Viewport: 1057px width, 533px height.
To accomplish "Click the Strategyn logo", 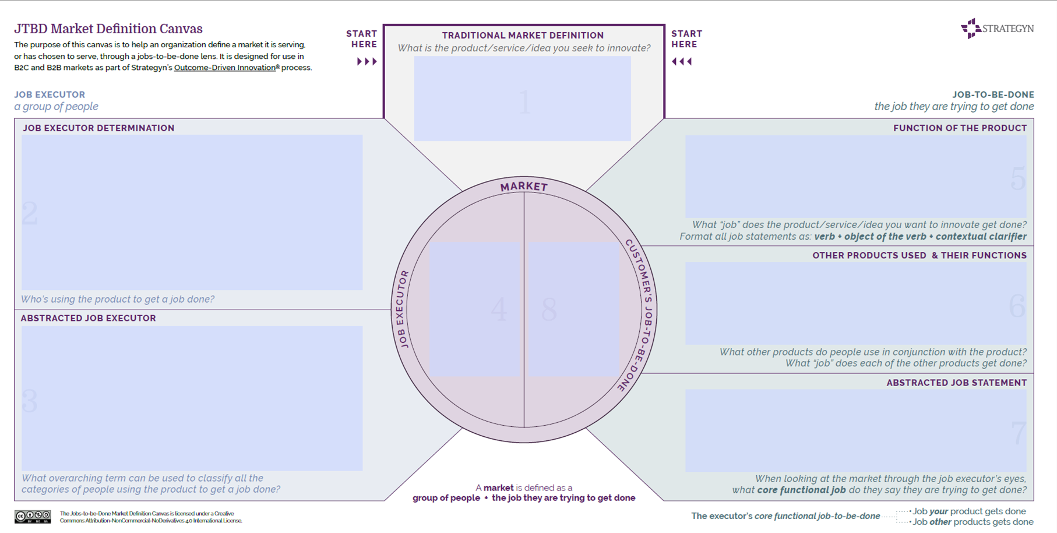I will [x=997, y=29].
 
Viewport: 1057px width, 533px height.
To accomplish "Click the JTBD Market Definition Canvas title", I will [x=108, y=29].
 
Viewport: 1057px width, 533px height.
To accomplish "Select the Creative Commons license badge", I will [x=33, y=516].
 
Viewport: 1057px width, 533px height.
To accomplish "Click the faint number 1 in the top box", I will [x=524, y=103].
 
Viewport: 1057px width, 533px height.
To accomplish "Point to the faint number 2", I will [x=30, y=213].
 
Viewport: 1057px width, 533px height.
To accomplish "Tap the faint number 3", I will [x=30, y=401].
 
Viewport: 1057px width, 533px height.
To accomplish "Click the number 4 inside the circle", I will [x=499, y=310].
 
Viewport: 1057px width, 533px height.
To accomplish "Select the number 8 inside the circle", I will [x=549, y=310].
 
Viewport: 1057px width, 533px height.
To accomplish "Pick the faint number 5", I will [x=1017, y=179].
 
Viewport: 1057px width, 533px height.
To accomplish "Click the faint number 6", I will [x=1017, y=306].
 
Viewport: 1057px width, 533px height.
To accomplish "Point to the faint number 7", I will [x=1018, y=433].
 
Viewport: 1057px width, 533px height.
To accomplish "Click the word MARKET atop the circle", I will [x=524, y=187].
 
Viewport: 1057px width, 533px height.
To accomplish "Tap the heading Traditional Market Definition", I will [x=523, y=36].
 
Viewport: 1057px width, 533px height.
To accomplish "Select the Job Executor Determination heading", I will [x=98, y=128].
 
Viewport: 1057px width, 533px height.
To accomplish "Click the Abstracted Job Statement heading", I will [x=956, y=383].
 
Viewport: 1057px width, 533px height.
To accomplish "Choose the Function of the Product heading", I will [x=960, y=128].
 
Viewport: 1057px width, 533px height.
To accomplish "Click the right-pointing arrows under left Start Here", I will [x=367, y=61].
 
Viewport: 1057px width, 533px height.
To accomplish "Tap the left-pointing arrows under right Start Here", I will [x=682, y=61].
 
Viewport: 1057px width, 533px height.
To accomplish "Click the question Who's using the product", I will [x=118, y=299].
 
